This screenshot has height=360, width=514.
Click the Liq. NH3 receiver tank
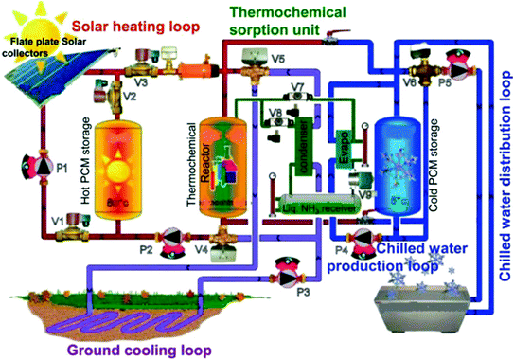pyautogui.click(x=323, y=207)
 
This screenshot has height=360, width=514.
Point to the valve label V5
pyautogui.click(x=276, y=60)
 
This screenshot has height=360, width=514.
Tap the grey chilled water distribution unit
pyautogui.click(x=416, y=306)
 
